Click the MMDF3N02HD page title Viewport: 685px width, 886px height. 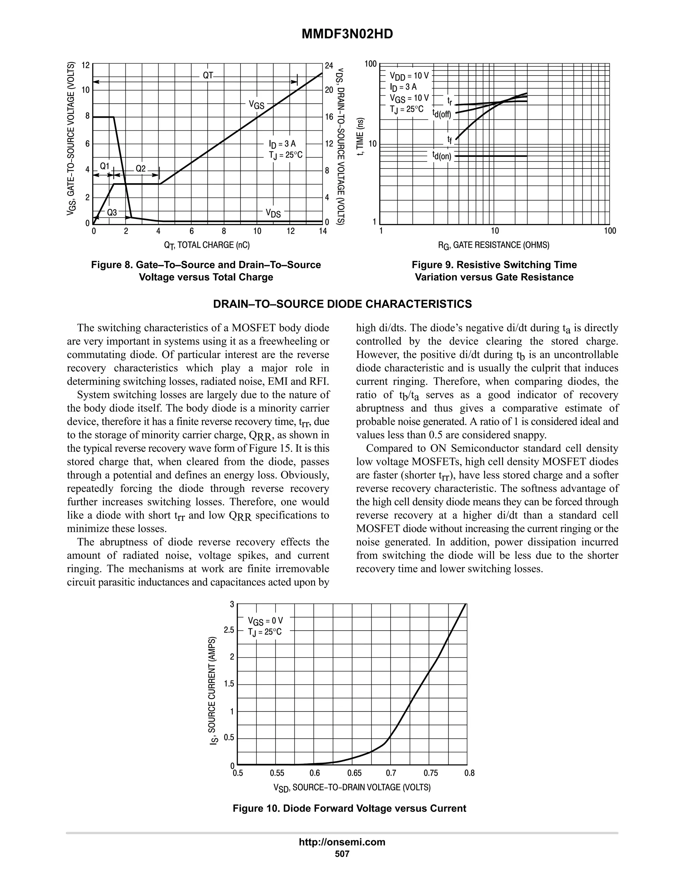tap(347, 34)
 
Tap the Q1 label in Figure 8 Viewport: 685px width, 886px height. tap(105, 166)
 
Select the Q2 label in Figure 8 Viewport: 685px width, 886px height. tap(140, 169)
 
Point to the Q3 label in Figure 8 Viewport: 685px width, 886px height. tap(112, 212)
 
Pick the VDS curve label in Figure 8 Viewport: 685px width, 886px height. tap(273, 213)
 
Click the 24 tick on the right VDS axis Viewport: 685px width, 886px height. tap(329, 65)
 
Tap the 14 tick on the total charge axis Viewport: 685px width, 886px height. tap(323, 231)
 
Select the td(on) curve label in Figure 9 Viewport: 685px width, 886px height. tap(442, 156)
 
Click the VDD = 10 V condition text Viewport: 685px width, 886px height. tap(409, 76)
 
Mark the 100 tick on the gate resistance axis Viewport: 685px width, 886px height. tap(609, 231)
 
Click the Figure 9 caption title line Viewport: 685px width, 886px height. tap(494, 265)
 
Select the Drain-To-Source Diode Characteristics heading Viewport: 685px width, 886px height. tap(342, 304)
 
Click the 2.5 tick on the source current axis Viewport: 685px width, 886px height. tap(229, 630)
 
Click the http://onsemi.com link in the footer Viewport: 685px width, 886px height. tap(342, 842)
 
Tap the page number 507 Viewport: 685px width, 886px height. tap(342, 854)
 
